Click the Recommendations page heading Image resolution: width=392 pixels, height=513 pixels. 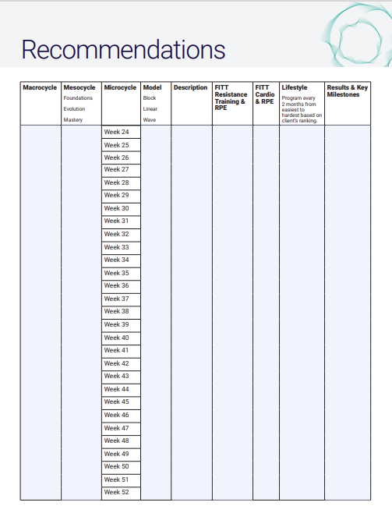click(123, 49)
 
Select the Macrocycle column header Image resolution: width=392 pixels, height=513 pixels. click(40, 87)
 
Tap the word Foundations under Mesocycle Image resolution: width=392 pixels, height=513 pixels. click(78, 98)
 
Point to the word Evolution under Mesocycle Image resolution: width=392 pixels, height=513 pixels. click(75, 109)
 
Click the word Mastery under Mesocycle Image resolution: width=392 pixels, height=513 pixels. click(73, 120)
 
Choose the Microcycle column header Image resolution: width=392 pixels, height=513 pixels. click(120, 87)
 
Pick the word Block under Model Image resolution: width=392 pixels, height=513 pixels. click(150, 98)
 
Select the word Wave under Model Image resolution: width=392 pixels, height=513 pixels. click(150, 120)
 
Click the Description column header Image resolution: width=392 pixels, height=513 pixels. click(190, 87)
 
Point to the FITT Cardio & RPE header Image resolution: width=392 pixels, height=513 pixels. click(264, 94)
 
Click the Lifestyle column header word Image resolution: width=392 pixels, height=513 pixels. click(295, 87)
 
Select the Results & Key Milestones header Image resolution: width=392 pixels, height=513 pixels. click(347, 90)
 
